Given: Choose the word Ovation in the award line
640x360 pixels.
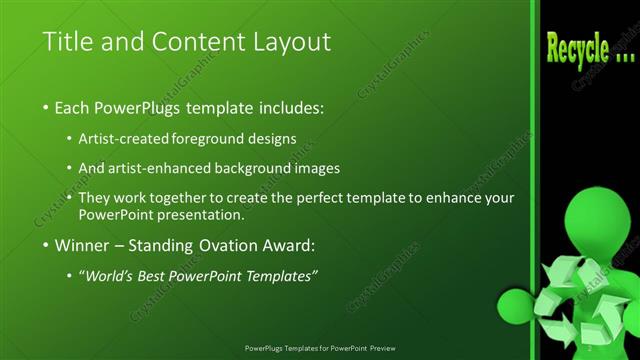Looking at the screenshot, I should tap(233, 244).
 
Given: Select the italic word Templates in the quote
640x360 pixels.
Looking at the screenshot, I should tap(279, 275).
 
